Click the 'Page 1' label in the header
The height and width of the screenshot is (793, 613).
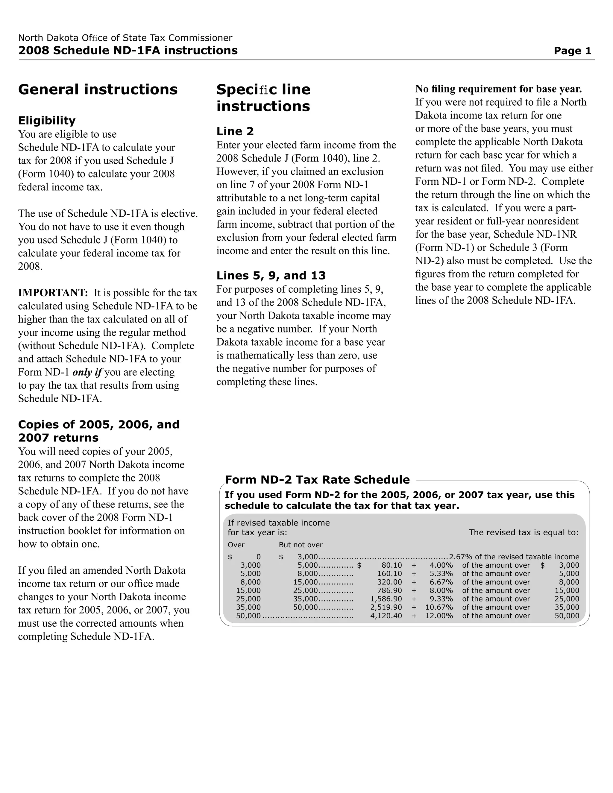click(x=572, y=51)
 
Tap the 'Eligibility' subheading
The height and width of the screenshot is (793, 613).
click(x=47, y=121)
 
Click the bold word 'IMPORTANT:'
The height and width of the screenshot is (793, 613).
click(x=53, y=293)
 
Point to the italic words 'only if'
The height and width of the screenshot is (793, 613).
click(x=87, y=372)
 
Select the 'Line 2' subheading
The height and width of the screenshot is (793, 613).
click(x=235, y=131)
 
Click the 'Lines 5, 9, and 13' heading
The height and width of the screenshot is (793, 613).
click(x=271, y=276)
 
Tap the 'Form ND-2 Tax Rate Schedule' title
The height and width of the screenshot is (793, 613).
click(x=317, y=480)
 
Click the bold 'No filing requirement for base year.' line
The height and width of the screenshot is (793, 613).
click(x=499, y=89)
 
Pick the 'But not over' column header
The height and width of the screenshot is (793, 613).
click(x=301, y=545)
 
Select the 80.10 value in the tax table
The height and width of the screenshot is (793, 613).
click(x=392, y=565)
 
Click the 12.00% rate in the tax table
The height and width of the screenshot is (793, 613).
click(x=439, y=616)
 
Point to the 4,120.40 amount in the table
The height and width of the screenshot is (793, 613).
click(x=386, y=616)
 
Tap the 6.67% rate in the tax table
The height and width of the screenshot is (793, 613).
click(x=441, y=582)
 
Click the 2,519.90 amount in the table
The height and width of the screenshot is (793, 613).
click(x=386, y=607)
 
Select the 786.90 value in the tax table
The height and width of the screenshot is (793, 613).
click(x=389, y=590)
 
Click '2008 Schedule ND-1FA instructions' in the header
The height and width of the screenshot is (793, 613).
click(x=128, y=51)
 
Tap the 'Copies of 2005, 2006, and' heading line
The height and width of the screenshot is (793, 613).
click(x=99, y=424)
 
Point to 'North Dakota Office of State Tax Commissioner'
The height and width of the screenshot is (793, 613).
click(x=125, y=38)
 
